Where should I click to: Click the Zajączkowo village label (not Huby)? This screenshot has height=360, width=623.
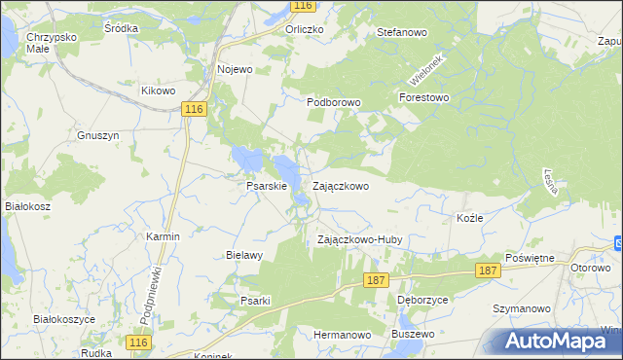(340, 185)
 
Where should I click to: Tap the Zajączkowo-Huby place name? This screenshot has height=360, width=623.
(360, 239)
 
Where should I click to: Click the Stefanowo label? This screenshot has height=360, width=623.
(402, 32)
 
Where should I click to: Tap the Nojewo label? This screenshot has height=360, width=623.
(236, 69)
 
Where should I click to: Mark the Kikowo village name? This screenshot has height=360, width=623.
(158, 90)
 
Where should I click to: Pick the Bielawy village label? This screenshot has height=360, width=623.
(244, 256)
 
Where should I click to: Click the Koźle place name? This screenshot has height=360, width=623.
(469, 218)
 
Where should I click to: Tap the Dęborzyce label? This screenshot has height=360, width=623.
(422, 300)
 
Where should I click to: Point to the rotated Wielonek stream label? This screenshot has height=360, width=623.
(425, 67)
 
